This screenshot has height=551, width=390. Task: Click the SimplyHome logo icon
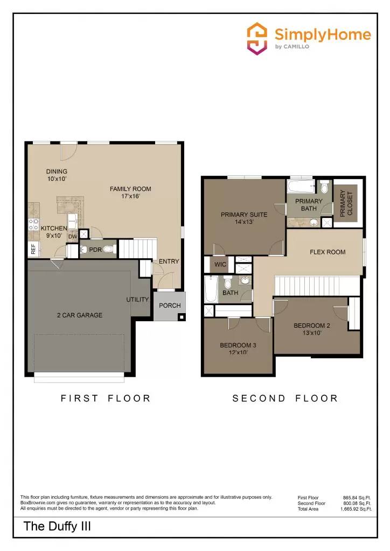point(257,38)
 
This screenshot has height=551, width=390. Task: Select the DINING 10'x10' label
point(57,175)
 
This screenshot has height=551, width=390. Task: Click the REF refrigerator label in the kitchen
point(33,249)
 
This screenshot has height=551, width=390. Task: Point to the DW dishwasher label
point(72,236)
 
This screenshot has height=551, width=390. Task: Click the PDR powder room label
point(95,250)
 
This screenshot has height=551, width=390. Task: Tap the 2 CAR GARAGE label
point(80,315)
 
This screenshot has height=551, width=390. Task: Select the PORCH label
point(170,306)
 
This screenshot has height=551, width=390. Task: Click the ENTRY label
point(169,262)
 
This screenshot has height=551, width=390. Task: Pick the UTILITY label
point(137,299)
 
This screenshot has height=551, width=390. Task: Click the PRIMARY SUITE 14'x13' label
point(244,218)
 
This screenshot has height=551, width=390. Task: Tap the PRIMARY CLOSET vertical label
point(346,203)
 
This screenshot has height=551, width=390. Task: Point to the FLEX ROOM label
point(328,252)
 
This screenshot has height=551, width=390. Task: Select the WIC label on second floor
point(220,264)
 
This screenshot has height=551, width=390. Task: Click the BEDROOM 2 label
point(312,329)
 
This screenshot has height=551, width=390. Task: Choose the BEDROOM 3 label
point(238,349)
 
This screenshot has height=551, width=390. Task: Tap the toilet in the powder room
point(109,249)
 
